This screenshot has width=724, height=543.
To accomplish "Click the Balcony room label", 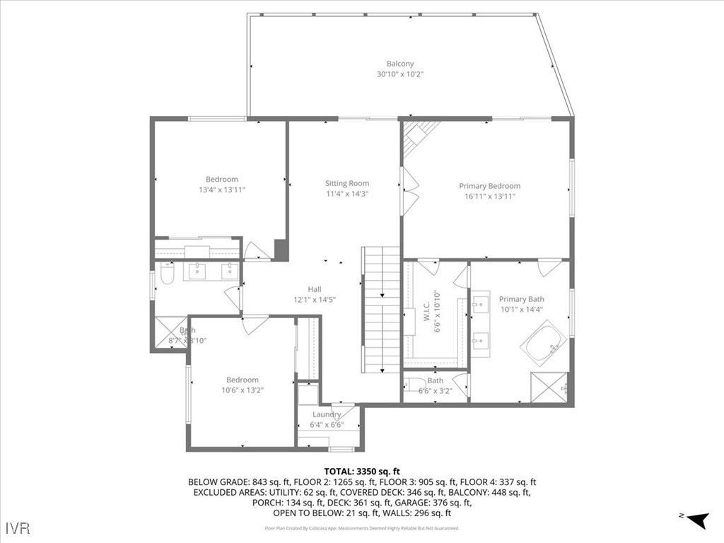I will (400, 64).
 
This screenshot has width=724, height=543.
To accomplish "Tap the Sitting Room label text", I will (347, 183).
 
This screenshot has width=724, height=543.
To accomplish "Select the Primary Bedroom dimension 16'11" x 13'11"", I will (489, 196).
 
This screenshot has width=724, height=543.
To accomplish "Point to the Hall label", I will (314, 289).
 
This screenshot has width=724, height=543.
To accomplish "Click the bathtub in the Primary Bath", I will (544, 344).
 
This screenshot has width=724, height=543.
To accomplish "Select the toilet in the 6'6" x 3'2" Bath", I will (411, 386).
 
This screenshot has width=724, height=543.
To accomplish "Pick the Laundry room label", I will (327, 414).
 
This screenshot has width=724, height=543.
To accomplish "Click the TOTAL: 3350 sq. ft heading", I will (362, 471).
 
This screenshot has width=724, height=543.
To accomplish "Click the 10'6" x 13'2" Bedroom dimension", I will (243, 390).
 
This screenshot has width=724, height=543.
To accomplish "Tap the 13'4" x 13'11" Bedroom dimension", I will (222, 189).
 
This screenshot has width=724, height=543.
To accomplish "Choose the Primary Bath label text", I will (521, 299).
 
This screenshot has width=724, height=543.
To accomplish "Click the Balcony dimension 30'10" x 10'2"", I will (400, 74).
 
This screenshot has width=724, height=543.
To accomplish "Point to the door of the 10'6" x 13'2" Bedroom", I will (255, 323).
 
